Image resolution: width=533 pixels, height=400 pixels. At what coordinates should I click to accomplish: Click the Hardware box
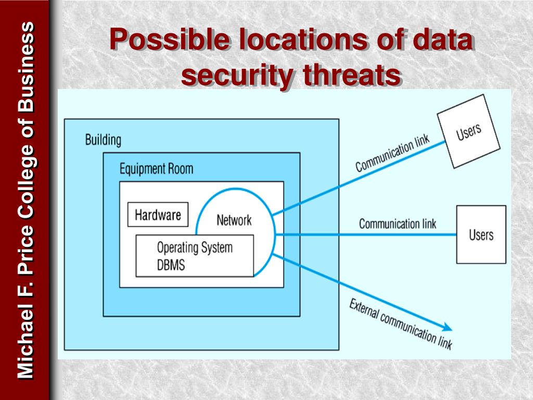coord(158,215)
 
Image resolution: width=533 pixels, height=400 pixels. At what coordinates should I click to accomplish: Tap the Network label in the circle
coord(234,220)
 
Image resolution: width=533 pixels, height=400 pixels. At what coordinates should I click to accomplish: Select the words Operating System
coord(195,248)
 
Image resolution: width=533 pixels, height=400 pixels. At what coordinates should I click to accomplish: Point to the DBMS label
coord(171,265)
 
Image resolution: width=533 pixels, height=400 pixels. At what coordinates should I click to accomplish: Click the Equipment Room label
coord(156,169)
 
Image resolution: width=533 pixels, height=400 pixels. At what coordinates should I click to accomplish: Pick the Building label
coord(103,140)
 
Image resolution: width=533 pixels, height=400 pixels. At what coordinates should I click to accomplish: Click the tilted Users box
coord(468,131)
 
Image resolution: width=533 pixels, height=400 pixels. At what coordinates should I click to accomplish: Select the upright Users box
coord(481,234)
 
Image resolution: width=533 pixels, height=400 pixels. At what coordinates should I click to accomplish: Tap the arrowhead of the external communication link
coord(448,328)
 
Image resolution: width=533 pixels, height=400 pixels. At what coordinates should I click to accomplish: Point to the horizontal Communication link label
coord(397,224)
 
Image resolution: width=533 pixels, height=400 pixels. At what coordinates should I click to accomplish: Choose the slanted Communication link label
coord(392,153)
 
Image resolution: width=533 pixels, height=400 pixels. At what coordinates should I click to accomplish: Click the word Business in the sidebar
coord(26,67)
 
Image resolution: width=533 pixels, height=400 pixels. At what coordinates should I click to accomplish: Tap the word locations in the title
coord(303,40)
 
